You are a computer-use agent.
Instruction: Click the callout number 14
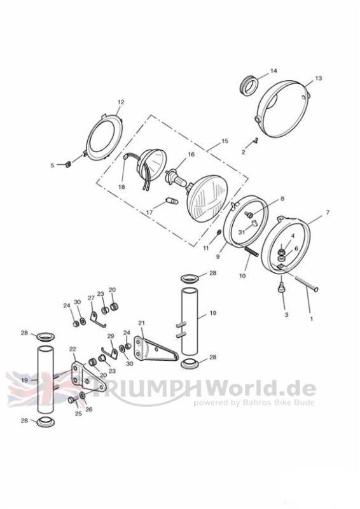273,71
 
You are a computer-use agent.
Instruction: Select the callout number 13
318,78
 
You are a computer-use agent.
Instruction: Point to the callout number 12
121,102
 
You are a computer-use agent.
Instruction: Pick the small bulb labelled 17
172,201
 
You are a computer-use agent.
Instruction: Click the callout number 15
225,141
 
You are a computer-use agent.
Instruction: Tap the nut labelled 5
68,164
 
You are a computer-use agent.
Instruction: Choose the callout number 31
242,232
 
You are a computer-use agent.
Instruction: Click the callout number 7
327,213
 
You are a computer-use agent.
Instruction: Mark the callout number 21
141,323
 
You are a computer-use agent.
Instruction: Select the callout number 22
73,349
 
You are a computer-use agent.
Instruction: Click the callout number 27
91,298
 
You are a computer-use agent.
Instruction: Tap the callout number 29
111,336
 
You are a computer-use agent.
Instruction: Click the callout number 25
78,414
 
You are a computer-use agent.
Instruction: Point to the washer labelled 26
83,395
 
